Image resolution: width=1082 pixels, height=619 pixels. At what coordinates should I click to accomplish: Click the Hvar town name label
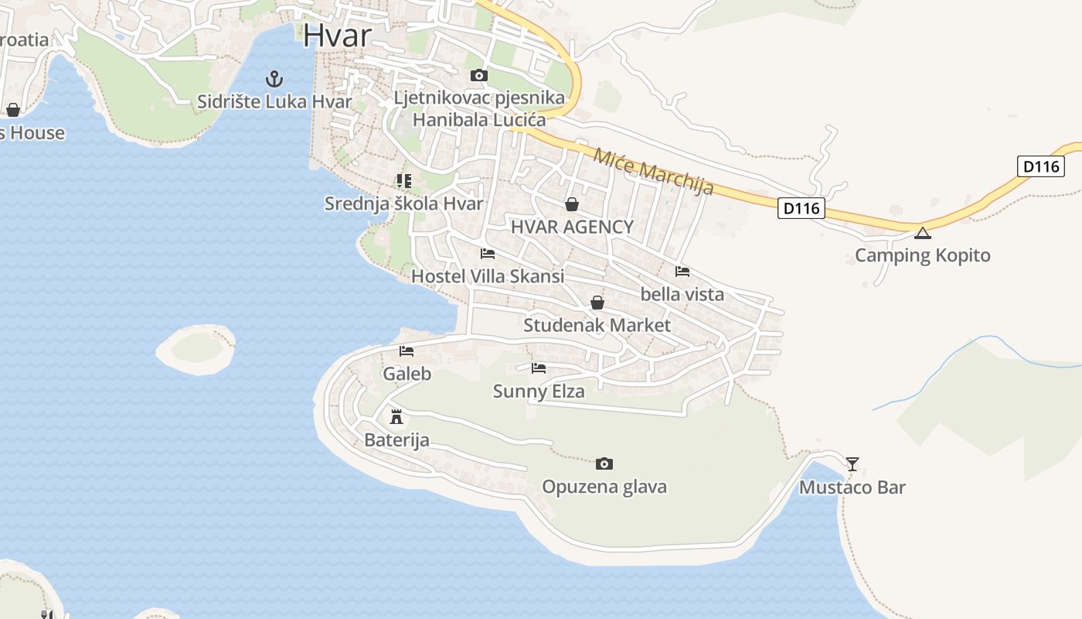[338, 35]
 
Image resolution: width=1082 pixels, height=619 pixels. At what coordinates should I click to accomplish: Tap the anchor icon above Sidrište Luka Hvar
[274, 78]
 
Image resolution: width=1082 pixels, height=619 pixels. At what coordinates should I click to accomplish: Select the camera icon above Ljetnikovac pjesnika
[479, 75]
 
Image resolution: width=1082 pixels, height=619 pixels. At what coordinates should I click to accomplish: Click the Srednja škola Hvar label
[403, 203]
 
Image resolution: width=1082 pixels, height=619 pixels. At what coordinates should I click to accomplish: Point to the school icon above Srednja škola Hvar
[403, 181]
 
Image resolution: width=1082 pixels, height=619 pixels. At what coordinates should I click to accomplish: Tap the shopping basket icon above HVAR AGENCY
[572, 204]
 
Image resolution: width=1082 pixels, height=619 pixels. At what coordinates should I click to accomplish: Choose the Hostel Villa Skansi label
[488, 276]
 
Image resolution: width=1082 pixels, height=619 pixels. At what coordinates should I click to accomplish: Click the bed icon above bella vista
[682, 272]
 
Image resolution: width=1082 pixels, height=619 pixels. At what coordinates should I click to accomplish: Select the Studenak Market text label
[597, 325]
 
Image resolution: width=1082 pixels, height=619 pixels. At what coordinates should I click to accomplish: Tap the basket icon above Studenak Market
[597, 303]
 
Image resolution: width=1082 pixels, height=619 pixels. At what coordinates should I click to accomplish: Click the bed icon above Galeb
[407, 351]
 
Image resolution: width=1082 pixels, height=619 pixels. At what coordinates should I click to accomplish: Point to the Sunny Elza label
[539, 392]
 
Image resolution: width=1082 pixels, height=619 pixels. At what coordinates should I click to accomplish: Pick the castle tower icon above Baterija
[397, 417]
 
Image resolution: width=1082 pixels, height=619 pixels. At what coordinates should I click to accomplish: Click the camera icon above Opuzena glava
[604, 464]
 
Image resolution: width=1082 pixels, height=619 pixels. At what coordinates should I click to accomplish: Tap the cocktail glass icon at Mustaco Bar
[852, 464]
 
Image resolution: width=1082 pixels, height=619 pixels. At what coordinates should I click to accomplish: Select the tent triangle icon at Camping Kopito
[923, 233]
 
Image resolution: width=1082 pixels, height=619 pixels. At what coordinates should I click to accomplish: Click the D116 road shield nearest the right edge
[1041, 166]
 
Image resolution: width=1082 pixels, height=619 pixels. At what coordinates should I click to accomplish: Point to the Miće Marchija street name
[653, 171]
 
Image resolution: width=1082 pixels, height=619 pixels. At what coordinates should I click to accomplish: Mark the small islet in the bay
[196, 350]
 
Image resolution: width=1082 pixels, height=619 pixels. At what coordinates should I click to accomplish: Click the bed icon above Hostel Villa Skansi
[488, 254]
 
